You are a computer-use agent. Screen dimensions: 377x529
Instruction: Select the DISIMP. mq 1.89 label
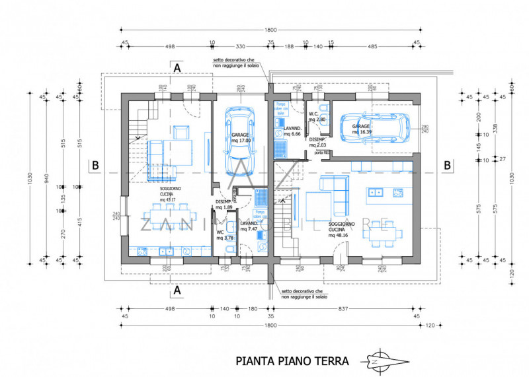coord(224,205)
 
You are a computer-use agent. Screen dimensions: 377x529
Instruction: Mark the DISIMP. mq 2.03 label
coord(318,143)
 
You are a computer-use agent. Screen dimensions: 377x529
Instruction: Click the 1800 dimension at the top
coord(271,30)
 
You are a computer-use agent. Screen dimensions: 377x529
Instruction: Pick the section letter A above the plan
coord(177,67)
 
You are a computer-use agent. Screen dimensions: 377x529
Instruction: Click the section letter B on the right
coord(448,164)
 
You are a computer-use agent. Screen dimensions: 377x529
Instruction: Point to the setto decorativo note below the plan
coord(302,294)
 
